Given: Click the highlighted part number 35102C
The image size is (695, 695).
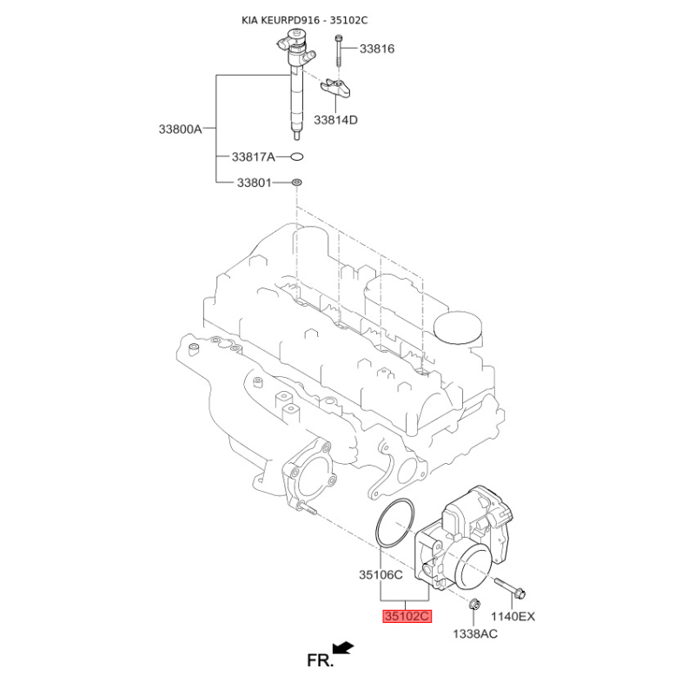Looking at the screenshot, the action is point(407,616).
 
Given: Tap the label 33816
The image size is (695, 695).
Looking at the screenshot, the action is point(377,49).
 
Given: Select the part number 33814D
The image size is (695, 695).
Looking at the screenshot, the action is point(335,120).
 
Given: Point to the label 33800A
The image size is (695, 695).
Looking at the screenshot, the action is point(181,129).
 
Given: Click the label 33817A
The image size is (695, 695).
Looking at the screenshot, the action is point(253,157).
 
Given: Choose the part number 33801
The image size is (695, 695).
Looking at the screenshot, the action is point(254,182).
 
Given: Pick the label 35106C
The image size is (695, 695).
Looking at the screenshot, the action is point(381,575).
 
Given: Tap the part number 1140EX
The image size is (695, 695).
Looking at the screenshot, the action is point(513,616).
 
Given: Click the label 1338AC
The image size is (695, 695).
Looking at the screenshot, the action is point(475,634).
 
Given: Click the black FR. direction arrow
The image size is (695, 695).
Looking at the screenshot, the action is point(343,648).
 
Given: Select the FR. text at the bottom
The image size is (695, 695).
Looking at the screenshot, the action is point(320,660).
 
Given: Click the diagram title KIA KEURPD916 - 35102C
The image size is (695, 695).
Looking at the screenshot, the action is point(305,20).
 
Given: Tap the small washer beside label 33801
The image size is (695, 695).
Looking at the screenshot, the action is point(296,182).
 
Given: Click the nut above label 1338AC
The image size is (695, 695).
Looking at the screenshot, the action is point(474,604).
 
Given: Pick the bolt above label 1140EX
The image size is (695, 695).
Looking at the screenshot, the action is point(510,587).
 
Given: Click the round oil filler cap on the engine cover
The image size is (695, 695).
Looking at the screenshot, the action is point(458,329).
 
